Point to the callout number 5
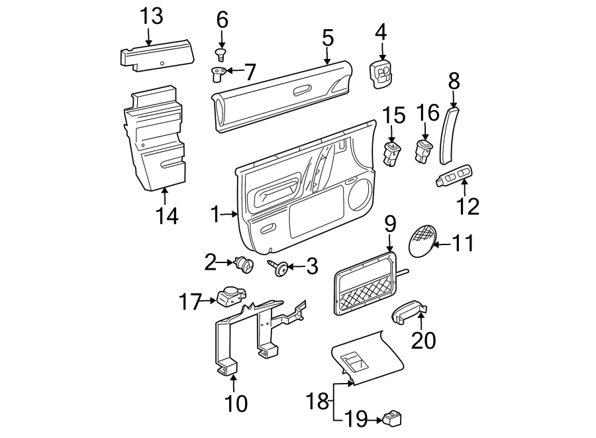(328, 38)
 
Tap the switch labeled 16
(423, 150)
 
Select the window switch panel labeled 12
(454, 178)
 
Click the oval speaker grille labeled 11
(422, 241)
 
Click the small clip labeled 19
(392, 418)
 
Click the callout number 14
(167, 215)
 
